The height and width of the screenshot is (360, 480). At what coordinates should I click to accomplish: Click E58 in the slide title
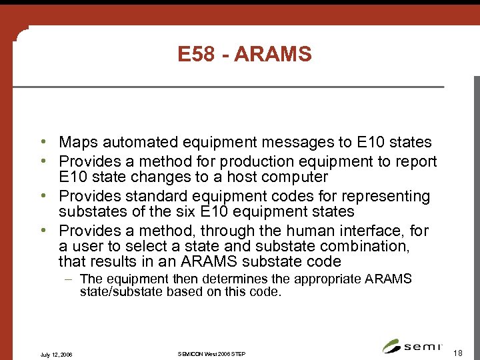[x=196, y=54]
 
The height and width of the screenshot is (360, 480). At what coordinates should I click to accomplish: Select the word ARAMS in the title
[x=273, y=54]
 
